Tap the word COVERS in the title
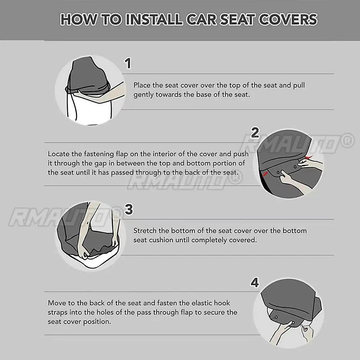point(289,19)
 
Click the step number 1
point(128,63)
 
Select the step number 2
point(255,132)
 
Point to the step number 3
point(129,209)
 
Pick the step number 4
point(255,282)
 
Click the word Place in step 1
point(142,85)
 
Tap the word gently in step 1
point(143,95)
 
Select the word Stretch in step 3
point(145,231)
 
